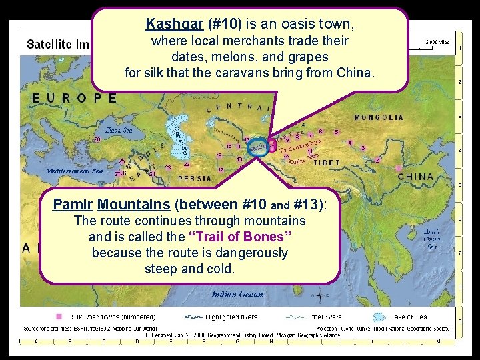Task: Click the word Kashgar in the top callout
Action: pos(166,24)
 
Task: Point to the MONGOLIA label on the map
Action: pos(378,117)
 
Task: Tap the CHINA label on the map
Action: pos(415,177)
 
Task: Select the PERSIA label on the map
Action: pos(195,179)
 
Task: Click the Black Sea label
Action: pos(118,131)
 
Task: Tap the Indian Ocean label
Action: pos(237,294)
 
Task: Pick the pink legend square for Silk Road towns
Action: pos(59,317)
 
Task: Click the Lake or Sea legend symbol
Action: pos(380,317)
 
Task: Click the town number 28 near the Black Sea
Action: pos(97,140)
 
